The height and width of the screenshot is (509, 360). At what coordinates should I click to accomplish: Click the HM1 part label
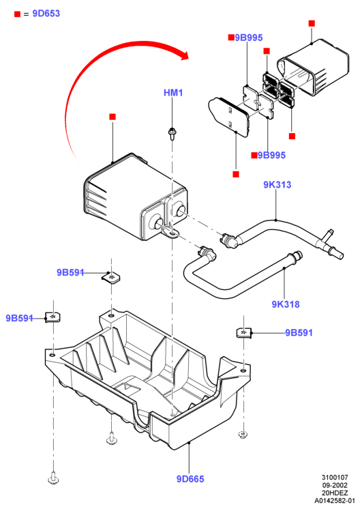tap(173, 93)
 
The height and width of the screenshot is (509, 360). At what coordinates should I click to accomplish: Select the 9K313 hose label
tap(277, 185)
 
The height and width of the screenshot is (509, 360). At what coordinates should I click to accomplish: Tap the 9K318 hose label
tap(286, 304)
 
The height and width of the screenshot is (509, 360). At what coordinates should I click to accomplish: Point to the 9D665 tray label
tap(190, 479)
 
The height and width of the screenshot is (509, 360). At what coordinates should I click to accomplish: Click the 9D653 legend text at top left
tap(46, 14)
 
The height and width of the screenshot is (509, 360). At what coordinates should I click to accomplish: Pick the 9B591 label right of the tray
tap(299, 333)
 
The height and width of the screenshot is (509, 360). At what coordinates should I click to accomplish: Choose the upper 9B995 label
tap(248, 38)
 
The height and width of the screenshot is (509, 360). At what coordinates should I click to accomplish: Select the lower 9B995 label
tap(272, 155)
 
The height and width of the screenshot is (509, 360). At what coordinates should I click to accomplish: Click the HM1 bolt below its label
tap(172, 134)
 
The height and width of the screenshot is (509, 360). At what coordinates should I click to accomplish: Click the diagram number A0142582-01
tap(334, 501)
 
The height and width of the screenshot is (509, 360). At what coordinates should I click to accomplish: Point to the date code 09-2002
tap(335, 485)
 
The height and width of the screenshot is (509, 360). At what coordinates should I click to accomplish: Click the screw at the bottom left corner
tap(53, 478)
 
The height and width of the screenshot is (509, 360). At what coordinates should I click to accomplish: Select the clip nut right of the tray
tap(244, 334)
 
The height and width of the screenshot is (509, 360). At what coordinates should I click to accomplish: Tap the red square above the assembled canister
tap(112, 117)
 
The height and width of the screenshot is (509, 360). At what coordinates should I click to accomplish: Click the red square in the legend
tap(17, 14)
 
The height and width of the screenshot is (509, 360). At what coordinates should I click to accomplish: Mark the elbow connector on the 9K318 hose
tap(207, 254)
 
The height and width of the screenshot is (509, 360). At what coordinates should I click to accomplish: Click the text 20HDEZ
tap(335, 493)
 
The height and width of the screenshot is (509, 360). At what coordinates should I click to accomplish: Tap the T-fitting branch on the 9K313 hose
tap(327, 235)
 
